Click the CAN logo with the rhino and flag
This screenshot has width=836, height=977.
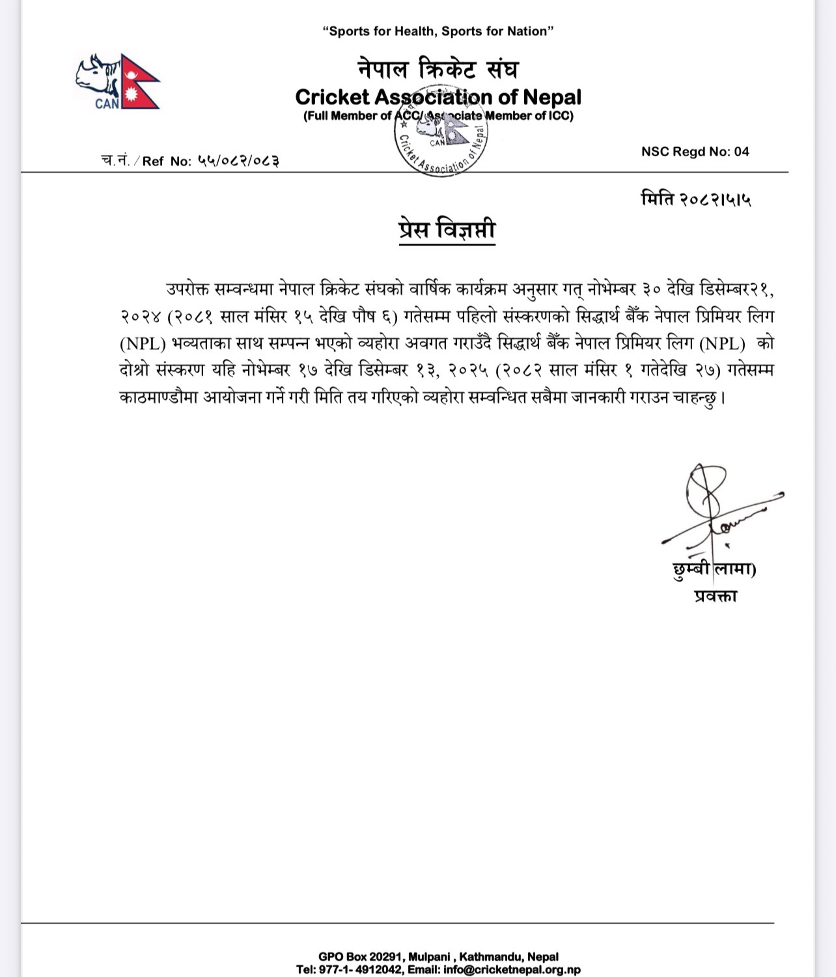pos(118,82)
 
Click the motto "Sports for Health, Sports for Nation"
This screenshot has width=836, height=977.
pos(438,31)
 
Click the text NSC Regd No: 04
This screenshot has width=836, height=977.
pos(695,152)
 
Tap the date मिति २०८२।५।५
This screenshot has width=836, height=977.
pos(695,199)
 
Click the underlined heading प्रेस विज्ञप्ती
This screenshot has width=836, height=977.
pos(447,231)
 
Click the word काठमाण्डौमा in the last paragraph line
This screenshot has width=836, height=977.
pos(158,397)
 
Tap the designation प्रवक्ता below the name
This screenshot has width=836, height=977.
pos(714,596)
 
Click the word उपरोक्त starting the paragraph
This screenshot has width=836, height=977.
pos(187,290)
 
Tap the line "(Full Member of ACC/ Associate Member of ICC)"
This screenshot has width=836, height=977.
pos(438,117)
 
